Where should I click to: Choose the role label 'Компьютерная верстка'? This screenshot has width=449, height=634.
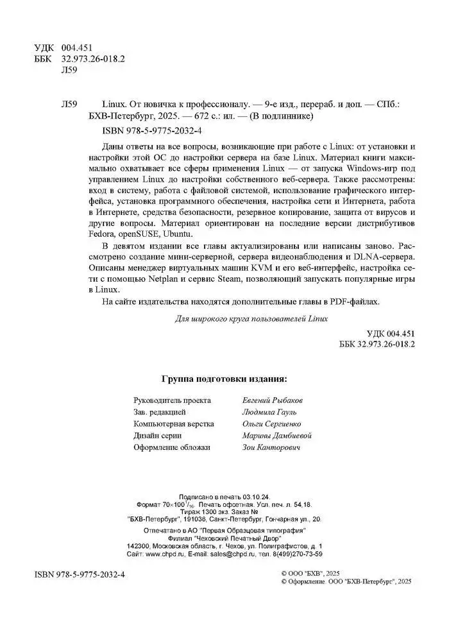point(173,424)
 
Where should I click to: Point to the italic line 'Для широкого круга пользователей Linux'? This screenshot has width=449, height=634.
point(251,318)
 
